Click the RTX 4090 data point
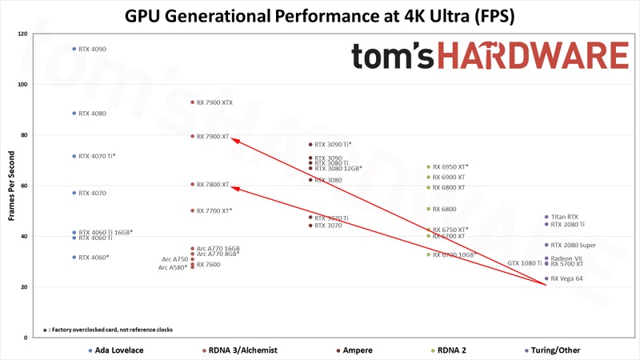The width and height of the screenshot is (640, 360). [74, 49]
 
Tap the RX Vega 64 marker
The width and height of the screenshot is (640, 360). [546, 278]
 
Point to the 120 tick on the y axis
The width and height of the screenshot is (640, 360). [22, 34]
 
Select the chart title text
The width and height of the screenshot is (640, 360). [319, 15]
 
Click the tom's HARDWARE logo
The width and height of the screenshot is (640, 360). [490, 55]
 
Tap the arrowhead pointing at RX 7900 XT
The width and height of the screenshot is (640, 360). [234, 138]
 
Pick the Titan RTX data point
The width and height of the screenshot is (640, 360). [546, 217]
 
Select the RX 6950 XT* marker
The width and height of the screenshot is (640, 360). [429, 167]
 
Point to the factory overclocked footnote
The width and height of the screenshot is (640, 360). [107, 330]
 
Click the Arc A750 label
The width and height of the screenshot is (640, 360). [174, 259]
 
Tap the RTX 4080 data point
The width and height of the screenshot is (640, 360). [74, 114]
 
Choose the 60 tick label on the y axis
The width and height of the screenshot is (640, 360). [23, 186]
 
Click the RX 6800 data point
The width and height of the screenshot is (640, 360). [429, 209]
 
